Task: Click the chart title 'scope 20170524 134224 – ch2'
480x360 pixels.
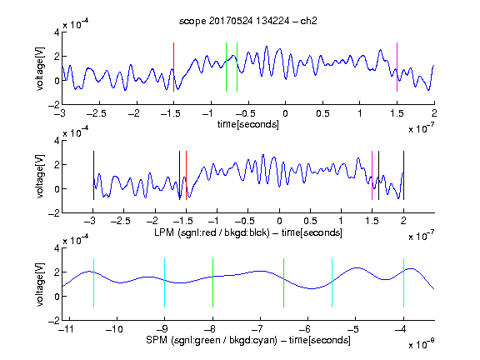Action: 248,21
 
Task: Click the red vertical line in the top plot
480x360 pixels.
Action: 173,67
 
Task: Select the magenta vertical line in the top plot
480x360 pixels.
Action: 397,67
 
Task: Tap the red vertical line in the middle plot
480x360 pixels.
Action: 186,175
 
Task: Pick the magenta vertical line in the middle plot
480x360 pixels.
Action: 372,175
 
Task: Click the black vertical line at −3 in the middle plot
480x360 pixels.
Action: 93,175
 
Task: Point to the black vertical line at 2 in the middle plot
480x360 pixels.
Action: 404,175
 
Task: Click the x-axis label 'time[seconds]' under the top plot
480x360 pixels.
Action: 248,124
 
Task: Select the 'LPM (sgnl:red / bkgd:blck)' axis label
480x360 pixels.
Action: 212,232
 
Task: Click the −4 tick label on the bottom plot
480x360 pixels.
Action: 400,329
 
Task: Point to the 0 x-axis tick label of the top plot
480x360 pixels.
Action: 285,113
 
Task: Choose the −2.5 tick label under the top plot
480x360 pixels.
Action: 96,113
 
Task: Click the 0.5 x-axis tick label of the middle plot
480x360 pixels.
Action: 310,221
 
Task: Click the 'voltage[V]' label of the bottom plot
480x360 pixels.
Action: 40,284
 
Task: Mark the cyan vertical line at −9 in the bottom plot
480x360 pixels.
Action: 165,282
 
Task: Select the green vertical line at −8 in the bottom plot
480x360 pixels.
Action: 212,282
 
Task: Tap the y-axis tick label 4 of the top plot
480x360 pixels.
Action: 57,32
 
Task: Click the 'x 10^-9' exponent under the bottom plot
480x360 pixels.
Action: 422,344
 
